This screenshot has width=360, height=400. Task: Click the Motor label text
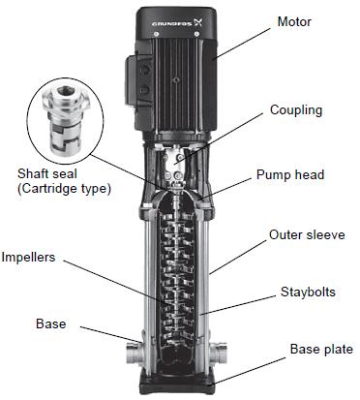(294, 22)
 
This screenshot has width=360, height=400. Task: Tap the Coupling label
(296, 110)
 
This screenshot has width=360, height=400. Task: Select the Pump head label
(290, 175)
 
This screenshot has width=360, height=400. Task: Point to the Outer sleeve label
(307, 234)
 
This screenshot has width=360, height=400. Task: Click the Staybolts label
(308, 292)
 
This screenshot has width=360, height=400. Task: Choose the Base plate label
(321, 349)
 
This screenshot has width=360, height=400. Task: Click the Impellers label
(28, 258)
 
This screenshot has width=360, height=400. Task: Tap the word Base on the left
(51, 323)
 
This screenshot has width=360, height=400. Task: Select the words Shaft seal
(47, 173)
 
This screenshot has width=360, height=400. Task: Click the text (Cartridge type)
(64, 188)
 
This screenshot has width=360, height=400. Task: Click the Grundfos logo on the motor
(177, 23)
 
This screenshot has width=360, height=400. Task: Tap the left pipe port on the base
(134, 354)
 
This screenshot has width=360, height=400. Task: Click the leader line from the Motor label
(242, 44)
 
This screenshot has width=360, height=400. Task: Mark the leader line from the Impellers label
(115, 283)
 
